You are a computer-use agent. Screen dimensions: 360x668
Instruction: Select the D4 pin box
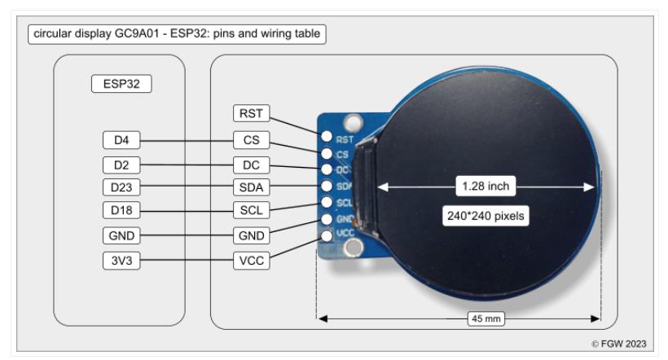click(x=121, y=140)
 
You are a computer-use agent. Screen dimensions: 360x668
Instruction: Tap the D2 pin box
click(x=121, y=165)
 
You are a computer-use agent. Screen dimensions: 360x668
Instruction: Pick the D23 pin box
click(x=121, y=188)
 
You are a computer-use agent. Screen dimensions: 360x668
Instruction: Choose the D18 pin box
click(x=121, y=212)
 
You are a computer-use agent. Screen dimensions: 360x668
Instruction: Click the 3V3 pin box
click(x=121, y=261)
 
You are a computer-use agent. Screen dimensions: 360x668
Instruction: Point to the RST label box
click(x=250, y=114)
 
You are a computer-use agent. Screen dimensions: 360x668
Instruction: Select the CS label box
click(x=250, y=140)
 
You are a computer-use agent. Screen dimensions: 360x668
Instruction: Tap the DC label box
click(x=250, y=165)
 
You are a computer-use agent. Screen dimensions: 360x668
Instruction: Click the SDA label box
click(x=250, y=188)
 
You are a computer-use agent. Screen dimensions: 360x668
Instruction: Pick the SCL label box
click(x=250, y=212)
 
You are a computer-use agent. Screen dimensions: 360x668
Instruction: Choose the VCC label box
click(x=250, y=261)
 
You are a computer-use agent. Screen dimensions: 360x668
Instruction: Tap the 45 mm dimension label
click(x=486, y=318)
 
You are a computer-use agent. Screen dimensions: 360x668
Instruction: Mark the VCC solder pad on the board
click(x=327, y=236)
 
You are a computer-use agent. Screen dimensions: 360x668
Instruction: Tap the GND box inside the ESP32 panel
click(x=121, y=236)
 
